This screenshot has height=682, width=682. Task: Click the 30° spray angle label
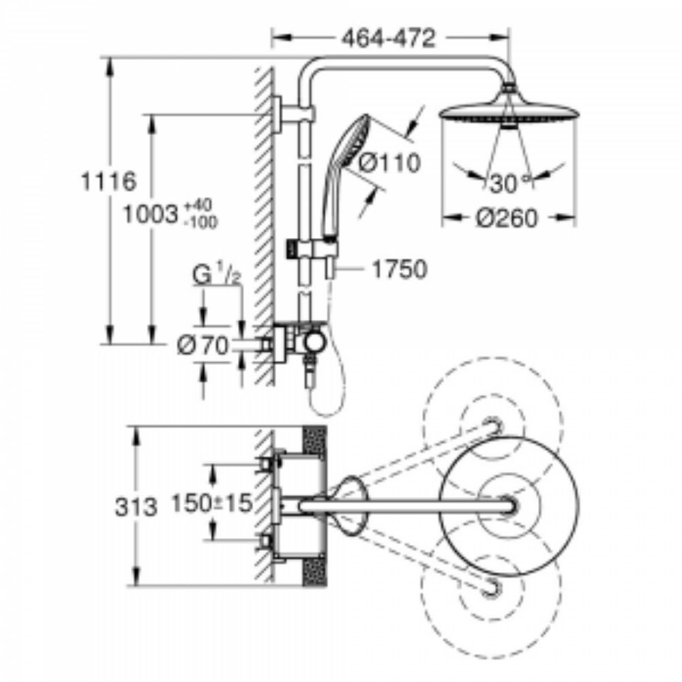pos(505,183)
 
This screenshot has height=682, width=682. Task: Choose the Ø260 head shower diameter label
pos(506,219)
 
